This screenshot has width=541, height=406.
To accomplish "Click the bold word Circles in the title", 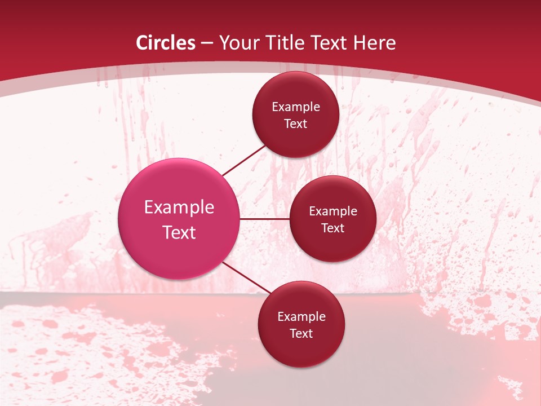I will point(166,43).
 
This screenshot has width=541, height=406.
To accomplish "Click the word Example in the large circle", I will point(179,208).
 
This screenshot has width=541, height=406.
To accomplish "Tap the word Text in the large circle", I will point(179,232).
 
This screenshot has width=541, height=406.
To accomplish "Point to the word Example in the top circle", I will point(296,107).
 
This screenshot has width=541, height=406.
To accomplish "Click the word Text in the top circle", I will point(295,124).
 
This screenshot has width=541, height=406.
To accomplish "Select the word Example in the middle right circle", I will point(333,211).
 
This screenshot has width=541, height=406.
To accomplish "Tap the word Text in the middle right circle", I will point(332,228).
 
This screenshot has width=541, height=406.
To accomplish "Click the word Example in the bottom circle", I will point(301,317).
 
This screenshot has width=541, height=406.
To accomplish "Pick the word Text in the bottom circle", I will point(301,334).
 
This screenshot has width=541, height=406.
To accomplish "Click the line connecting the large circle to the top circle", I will point(243,160).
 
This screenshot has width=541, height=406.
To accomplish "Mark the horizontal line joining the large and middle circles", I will point(265,219).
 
